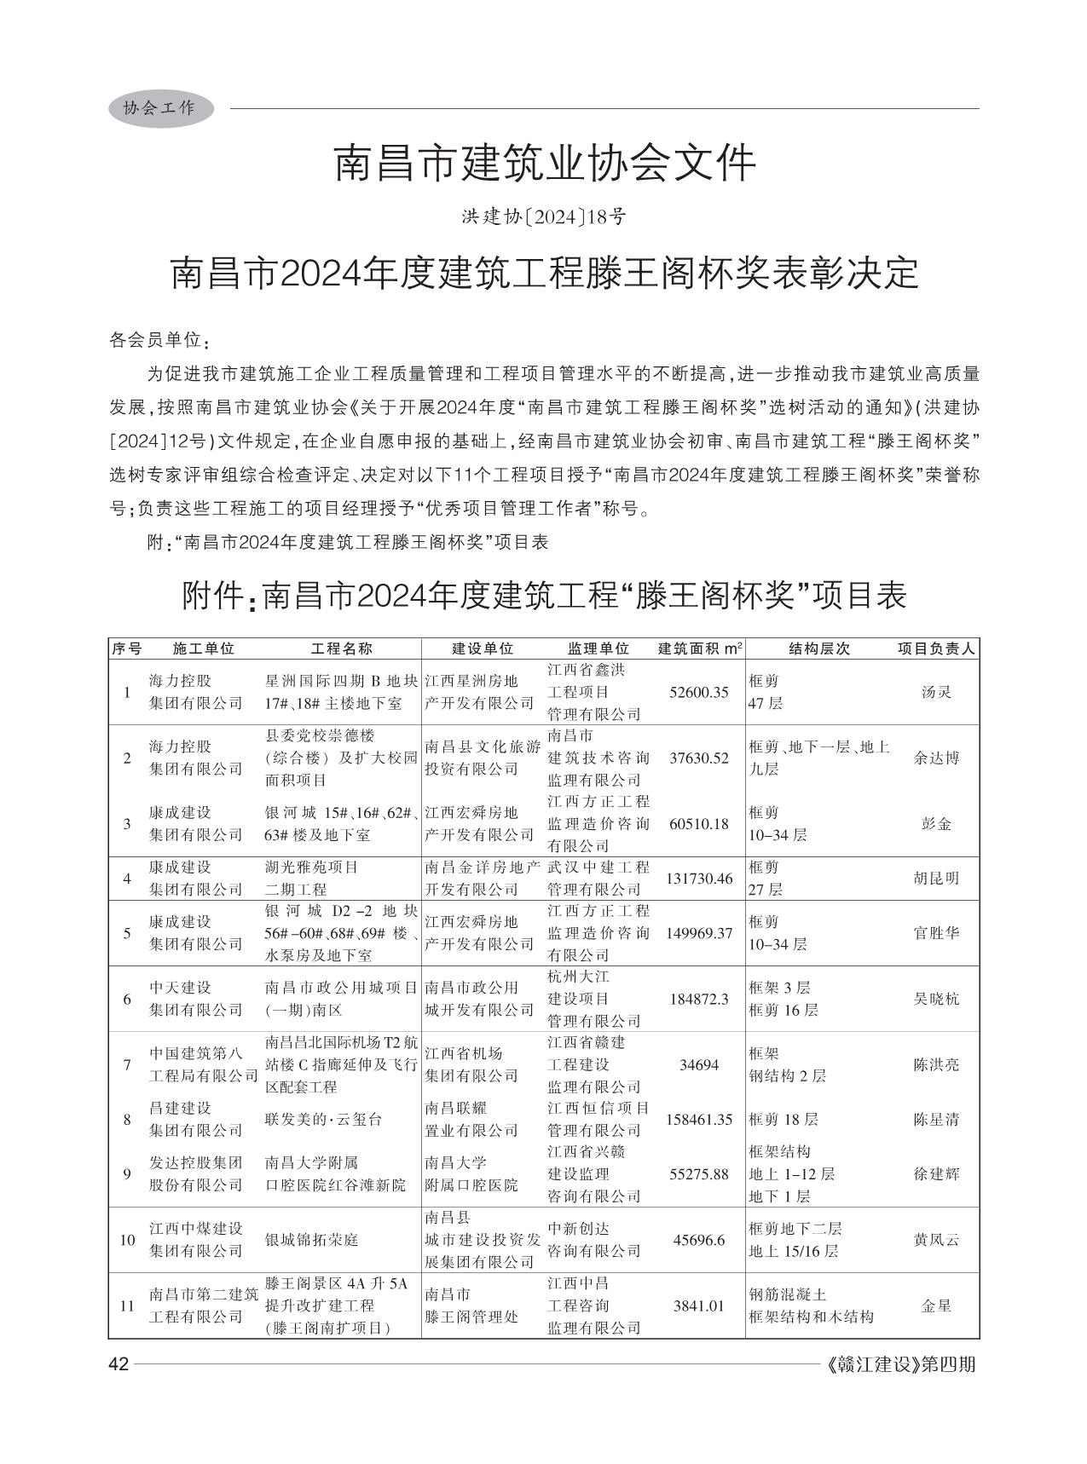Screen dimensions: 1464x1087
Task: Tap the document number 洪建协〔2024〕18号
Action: (544, 217)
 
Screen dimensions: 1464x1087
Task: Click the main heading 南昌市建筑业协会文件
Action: (544, 164)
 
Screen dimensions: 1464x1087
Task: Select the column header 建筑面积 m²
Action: (699, 648)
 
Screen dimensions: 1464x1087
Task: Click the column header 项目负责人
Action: (936, 648)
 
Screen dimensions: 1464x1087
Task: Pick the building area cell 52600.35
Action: (699, 693)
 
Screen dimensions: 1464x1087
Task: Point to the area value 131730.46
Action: (699, 879)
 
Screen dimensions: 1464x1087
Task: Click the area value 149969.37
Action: (699, 933)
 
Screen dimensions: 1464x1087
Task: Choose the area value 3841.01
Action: (699, 1305)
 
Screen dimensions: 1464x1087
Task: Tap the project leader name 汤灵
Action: (936, 693)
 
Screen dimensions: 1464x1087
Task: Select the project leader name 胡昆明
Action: (936, 879)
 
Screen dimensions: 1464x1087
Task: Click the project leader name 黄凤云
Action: (936, 1240)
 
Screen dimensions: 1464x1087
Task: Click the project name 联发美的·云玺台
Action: (323, 1120)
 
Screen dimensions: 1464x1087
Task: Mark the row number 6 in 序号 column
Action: (127, 999)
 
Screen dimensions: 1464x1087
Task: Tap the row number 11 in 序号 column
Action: (127, 1305)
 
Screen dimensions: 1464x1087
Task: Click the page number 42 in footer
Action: (118, 1365)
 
